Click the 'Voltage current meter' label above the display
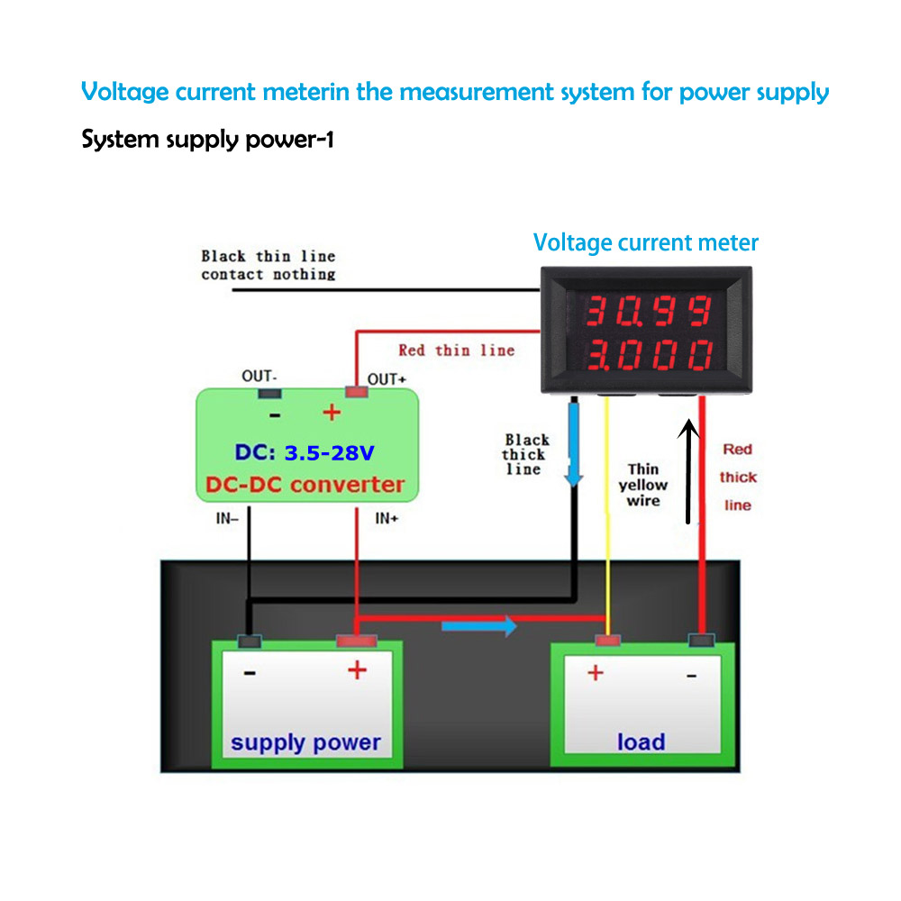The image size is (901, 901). pyautogui.click(x=645, y=242)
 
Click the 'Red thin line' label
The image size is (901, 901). pyautogui.click(x=456, y=350)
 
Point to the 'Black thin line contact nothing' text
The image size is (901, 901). pyautogui.click(x=268, y=265)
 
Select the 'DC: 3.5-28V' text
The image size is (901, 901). pyautogui.click(x=305, y=452)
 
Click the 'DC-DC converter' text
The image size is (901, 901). pyautogui.click(x=305, y=485)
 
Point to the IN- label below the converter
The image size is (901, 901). pyautogui.click(x=227, y=518)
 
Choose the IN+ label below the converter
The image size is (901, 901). pyautogui.click(x=387, y=518)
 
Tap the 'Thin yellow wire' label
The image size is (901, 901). pyautogui.click(x=643, y=485)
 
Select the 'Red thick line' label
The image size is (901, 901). pyautogui.click(x=738, y=477)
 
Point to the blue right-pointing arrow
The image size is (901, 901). pyautogui.click(x=479, y=625)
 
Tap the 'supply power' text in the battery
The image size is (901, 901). pyautogui.click(x=305, y=743)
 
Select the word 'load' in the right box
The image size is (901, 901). pyautogui.click(x=641, y=742)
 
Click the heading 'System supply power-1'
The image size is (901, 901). pyautogui.click(x=207, y=141)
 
